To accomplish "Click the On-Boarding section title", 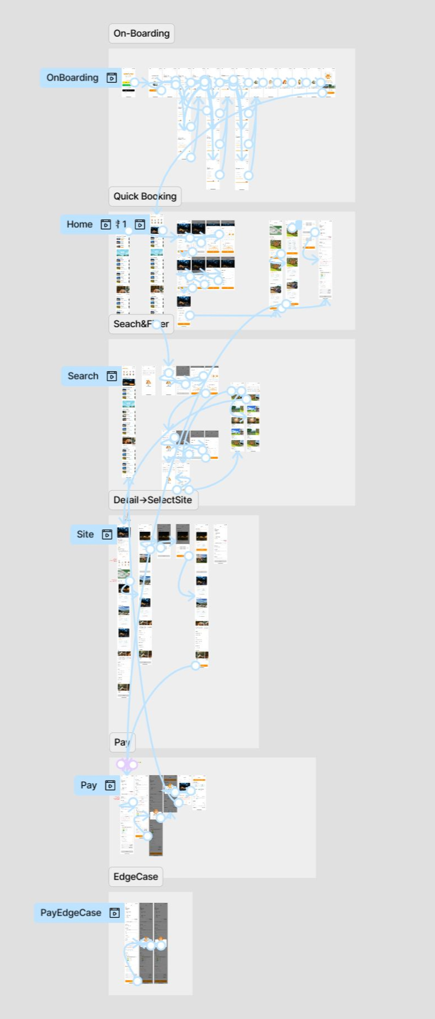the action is point(141,33).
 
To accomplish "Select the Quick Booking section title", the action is point(145,196).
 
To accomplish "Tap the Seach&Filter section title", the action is point(141,324).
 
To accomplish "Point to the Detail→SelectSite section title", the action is point(153,499).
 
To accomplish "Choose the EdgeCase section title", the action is point(135,877).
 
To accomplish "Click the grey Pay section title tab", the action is point(122,742).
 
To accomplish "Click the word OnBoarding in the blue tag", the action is point(72,78).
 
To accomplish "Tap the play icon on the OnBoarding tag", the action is point(112,78).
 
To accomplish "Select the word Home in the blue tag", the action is point(79,224).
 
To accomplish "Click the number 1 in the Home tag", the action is point(124,224).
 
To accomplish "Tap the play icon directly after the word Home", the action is point(105,224).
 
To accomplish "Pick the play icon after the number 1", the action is point(140,224).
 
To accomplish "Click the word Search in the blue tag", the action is point(83,376).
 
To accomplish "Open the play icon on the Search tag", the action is point(112,376).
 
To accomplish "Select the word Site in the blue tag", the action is point(85,535).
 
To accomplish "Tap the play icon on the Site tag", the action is point(107,535).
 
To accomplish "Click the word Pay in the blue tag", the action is point(89,785).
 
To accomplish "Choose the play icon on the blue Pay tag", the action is point(110,785).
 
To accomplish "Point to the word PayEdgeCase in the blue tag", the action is point(70,913).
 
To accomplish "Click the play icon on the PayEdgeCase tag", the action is point(114,913).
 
